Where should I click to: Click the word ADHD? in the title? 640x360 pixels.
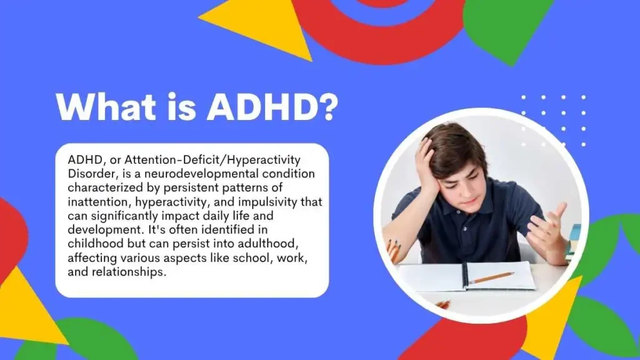coord(272,107)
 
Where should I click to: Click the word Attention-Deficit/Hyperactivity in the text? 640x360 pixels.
coord(212,160)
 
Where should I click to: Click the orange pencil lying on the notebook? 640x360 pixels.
coord(491,278)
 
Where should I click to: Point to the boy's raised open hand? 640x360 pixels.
coord(547,227)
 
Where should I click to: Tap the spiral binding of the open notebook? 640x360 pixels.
coord(465,276)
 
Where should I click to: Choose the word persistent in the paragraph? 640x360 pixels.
coord(191,188)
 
